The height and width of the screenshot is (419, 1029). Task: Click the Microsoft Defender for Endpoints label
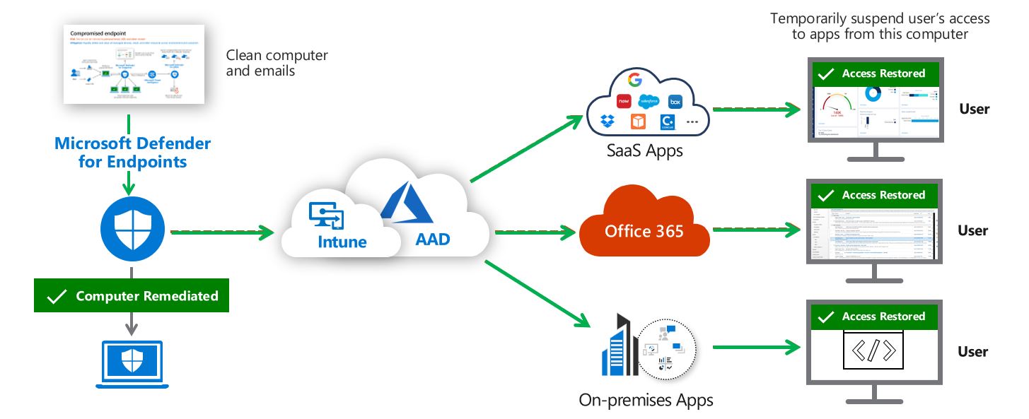point(132,153)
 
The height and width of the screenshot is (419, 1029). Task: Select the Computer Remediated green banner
point(132,296)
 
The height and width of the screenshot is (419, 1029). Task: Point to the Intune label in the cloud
point(342,242)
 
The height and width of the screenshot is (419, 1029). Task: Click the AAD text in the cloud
point(432,239)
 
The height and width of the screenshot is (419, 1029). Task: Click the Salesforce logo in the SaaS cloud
point(649,100)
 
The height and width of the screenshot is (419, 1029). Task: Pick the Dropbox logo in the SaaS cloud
point(607,121)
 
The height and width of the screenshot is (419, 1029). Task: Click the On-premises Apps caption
point(645,400)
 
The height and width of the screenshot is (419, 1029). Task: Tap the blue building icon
point(614,346)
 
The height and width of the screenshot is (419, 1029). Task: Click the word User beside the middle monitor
point(973,230)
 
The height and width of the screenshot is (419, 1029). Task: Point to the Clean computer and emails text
point(277,63)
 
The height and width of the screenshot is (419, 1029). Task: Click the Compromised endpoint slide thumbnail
point(133,64)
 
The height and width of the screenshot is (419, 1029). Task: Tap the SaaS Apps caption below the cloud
point(644,151)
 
